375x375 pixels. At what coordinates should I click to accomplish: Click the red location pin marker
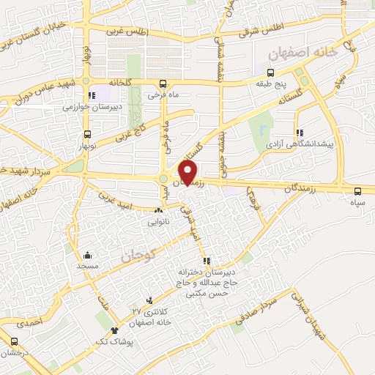[x=188, y=172]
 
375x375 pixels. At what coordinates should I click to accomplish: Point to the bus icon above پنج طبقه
[x=270, y=72]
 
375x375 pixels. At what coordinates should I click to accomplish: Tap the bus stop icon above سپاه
[x=357, y=187]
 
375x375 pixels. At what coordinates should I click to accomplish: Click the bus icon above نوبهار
[x=88, y=134]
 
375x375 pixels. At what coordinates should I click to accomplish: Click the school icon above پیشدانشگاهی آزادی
[x=300, y=133]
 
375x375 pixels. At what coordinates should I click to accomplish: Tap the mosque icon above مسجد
[x=88, y=256]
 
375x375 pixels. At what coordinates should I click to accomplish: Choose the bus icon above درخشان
[x=13, y=341]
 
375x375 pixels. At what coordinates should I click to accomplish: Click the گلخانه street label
[x=122, y=81]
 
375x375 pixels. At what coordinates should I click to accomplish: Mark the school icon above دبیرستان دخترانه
[x=207, y=260]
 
